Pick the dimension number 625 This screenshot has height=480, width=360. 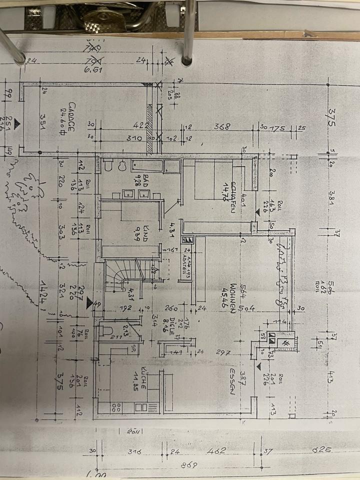click(x=323, y=449)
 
